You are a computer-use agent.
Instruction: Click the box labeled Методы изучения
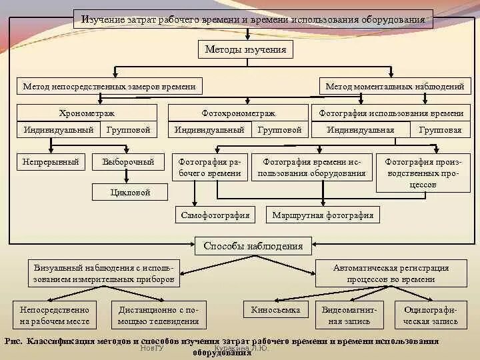245,49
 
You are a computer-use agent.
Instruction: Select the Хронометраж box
87,113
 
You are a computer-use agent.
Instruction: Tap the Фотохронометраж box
238,113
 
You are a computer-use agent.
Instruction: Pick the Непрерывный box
51,161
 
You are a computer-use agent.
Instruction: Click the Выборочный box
128,161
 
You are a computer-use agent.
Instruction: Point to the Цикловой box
130,192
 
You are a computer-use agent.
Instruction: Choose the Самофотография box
215,215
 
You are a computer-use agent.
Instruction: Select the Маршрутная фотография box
323,215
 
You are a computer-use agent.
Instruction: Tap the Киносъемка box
276,310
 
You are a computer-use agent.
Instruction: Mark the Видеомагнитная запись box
350,315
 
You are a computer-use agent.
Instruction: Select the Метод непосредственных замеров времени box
109,86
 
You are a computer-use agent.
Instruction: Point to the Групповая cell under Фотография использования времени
440,130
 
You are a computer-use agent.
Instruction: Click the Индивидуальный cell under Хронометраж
59,129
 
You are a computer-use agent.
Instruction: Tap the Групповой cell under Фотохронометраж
280,130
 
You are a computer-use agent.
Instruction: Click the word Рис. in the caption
13,341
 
